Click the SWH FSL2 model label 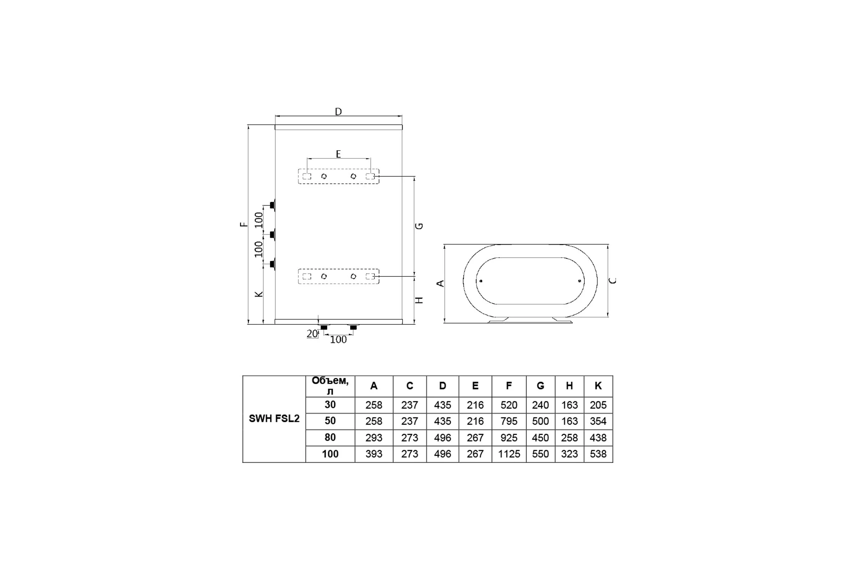click(x=274, y=419)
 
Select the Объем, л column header click(x=330, y=386)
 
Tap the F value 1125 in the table click(x=509, y=454)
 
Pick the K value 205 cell click(x=598, y=405)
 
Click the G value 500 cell click(x=540, y=421)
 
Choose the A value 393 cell click(x=374, y=454)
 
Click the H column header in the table click(x=570, y=386)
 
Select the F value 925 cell click(x=509, y=438)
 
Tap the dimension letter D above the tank click(x=338, y=111)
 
